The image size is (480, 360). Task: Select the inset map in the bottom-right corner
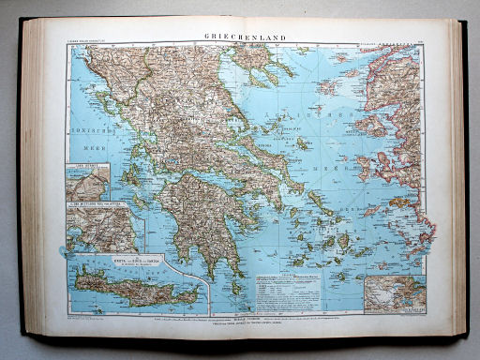pyautogui.click(x=393, y=292)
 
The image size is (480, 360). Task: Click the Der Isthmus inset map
pyautogui.click(x=87, y=182)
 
